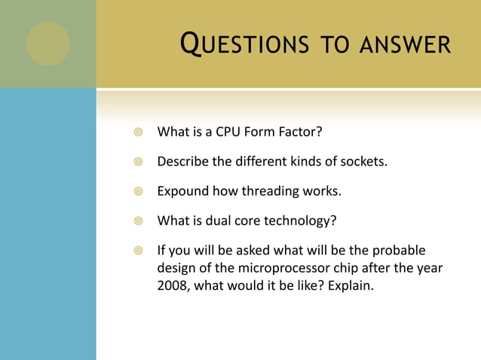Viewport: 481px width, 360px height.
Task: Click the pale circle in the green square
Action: coord(48,44)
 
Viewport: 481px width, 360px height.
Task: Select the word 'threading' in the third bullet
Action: coord(268,191)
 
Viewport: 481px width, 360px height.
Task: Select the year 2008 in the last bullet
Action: coord(173,286)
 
